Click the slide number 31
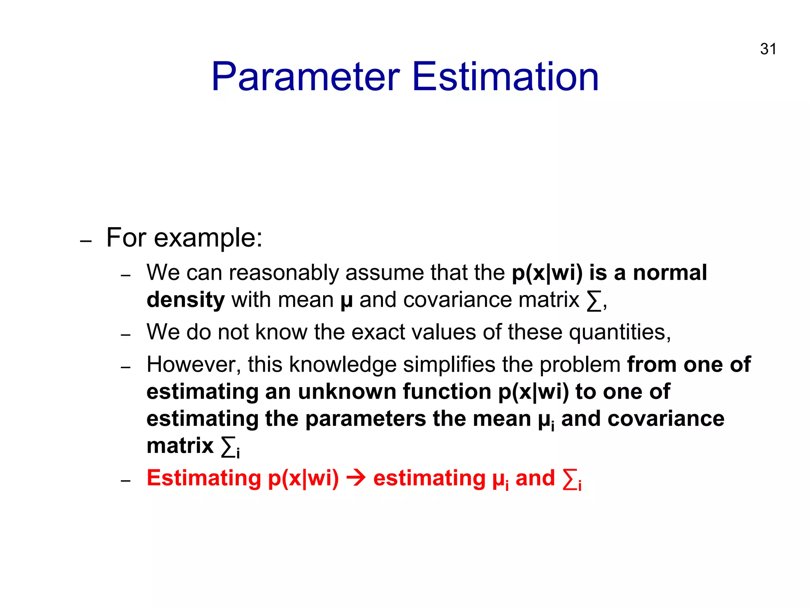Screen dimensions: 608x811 click(x=768, y=49)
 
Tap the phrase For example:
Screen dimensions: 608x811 click(x=184, y=238)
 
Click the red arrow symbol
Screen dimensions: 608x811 click(x=356, y=478)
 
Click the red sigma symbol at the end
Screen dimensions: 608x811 click(x=569, y=480)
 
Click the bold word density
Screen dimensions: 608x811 click(x=185, y=300)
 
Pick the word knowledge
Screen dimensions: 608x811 click(x=343, y=365)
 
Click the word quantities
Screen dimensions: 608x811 click(x=619, y=332)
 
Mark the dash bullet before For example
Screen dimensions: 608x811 click(x=86, y=241)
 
